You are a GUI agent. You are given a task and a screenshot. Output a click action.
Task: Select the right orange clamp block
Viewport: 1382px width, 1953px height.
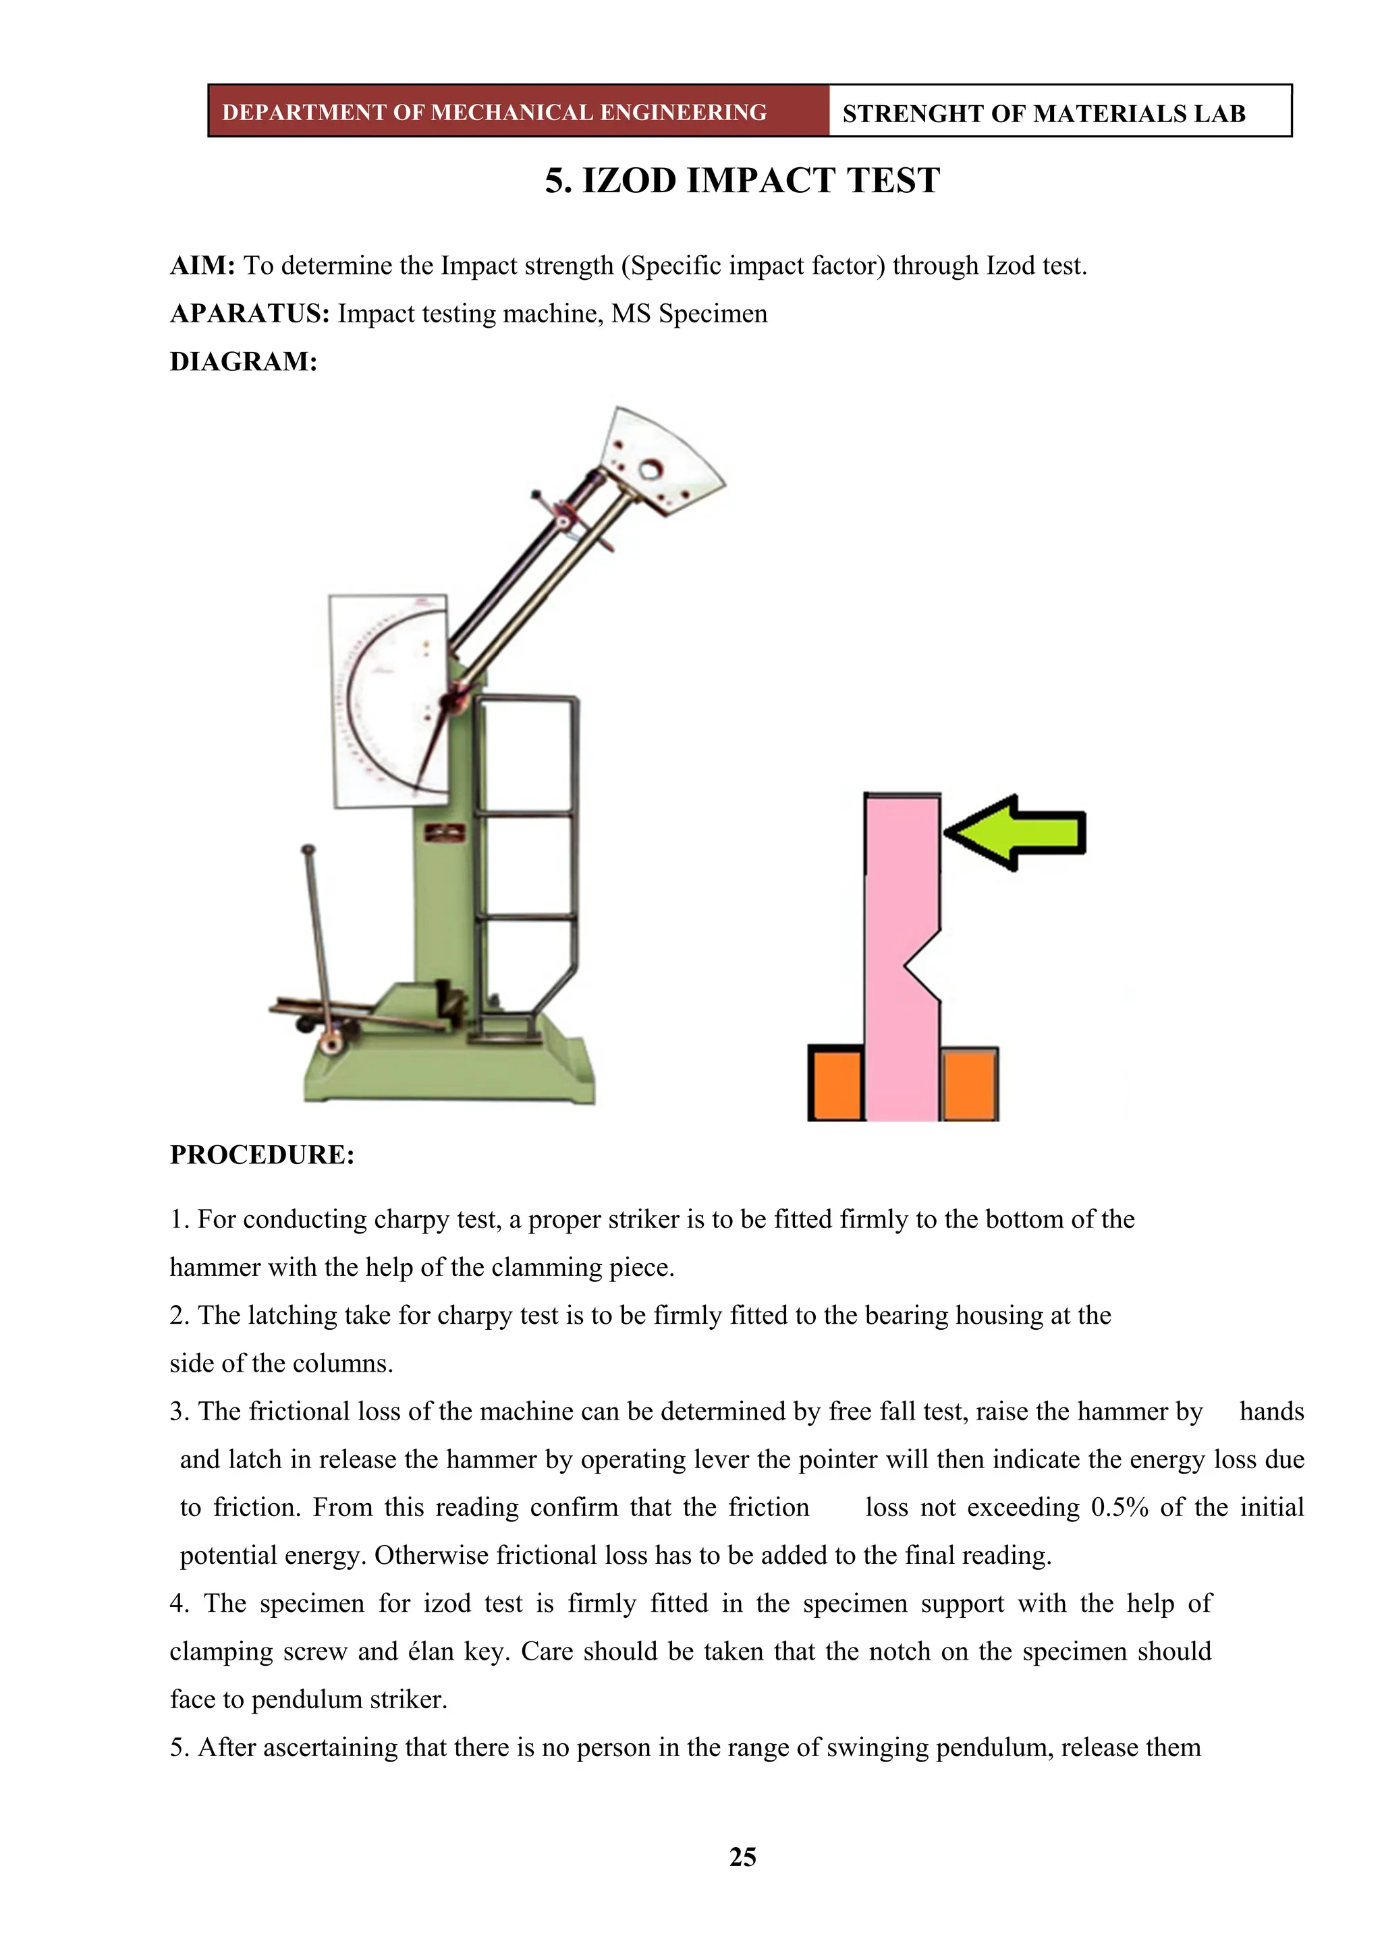[x=969, y=1084]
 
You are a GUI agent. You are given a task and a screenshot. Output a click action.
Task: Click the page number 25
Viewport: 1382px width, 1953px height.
[x=742, y=1857]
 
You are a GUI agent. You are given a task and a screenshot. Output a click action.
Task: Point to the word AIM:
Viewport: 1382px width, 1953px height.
[x=202, y=266]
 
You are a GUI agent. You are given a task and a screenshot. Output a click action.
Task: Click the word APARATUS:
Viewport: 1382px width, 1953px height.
[x=249, y=314]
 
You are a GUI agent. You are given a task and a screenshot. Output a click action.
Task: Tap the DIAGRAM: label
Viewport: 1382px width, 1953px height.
[x=244, y=361]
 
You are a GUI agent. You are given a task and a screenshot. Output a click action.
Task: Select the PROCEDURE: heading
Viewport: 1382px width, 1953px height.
[x=262, y=1155]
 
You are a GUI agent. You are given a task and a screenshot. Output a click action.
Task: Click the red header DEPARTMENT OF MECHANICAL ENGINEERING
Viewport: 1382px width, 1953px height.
[x=495, y=112]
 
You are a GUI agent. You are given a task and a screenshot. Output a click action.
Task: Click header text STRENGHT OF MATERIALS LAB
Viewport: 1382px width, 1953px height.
[x=1043, y=113]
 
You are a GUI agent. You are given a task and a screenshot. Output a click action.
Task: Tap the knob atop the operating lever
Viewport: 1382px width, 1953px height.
[x=308, y=849]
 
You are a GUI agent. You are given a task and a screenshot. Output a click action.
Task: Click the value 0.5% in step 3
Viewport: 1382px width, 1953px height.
[x=1119, y=1507]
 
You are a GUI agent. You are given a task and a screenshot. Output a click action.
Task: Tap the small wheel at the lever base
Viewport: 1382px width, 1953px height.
[x=330, y=1044]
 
